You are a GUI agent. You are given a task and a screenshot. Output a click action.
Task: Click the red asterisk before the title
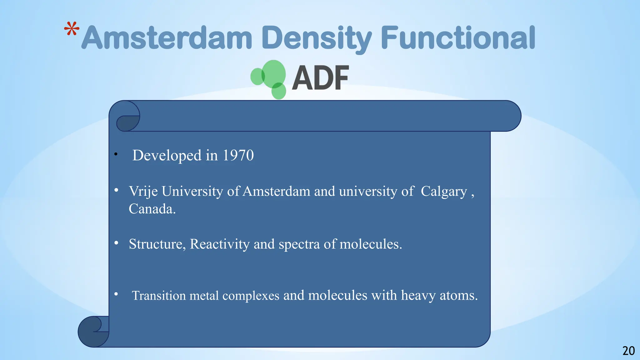pos(72,29)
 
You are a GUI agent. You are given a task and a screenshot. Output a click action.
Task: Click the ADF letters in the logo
pos(320,78)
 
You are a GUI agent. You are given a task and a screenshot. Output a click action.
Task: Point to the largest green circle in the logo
pos(274,74)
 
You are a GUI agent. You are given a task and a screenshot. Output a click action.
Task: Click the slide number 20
pos(628,351)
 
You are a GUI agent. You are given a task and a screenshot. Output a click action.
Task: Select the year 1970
pos(238,155)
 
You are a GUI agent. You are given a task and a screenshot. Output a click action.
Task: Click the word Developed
pos(167,155)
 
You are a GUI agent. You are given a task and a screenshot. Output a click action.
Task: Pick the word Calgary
pos(444,191)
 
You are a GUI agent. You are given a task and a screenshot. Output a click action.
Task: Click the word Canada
pos(152,209)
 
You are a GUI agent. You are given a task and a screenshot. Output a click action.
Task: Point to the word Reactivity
pos(220,244)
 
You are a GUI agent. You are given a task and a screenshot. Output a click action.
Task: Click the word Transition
pos(159,295)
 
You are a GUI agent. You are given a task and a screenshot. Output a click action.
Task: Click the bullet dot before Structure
pos(116,243)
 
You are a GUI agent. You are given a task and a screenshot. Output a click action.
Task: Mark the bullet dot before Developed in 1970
pos(116,154)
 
